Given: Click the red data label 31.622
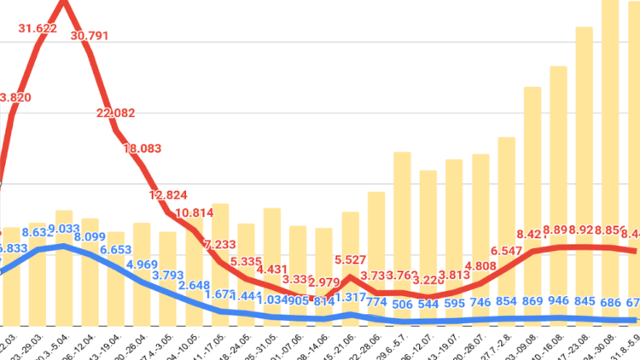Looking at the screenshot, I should click(x=38, y=29).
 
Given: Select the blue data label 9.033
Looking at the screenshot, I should click(x=63, y=228).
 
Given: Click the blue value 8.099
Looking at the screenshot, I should click(x=89, y=237).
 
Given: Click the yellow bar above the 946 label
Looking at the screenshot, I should click(x=558, y=179).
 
